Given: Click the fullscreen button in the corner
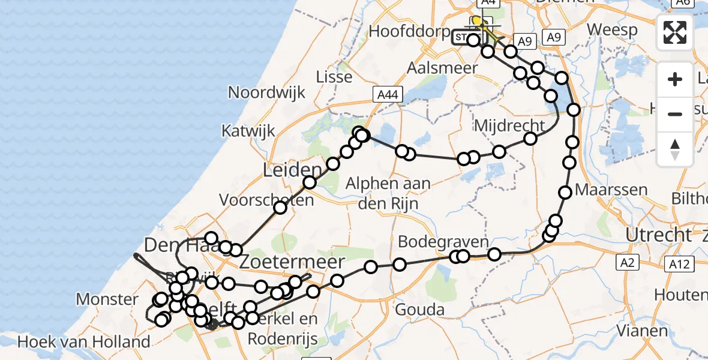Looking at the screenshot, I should pos(675,32).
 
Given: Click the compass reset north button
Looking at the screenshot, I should pos(675,149).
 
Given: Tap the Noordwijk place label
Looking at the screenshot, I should pos(266,92).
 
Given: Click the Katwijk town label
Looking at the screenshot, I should pos(248,130).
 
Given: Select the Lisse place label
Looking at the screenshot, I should pos(335,77).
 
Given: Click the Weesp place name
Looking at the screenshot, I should pos(611,29).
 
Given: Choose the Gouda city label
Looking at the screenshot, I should pos(419,310).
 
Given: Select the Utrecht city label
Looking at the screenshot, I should pos(658,235).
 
